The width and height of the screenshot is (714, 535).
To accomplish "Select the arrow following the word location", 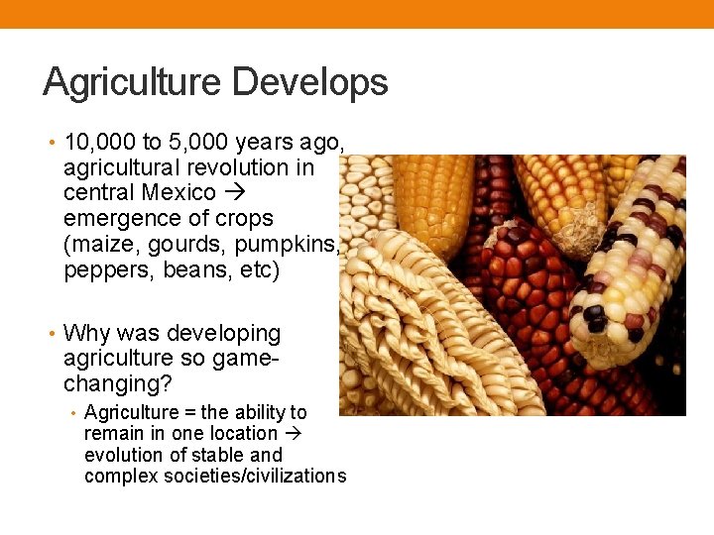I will tap(296, 433).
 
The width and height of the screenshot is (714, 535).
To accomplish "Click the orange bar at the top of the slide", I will tap(357, 14).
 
